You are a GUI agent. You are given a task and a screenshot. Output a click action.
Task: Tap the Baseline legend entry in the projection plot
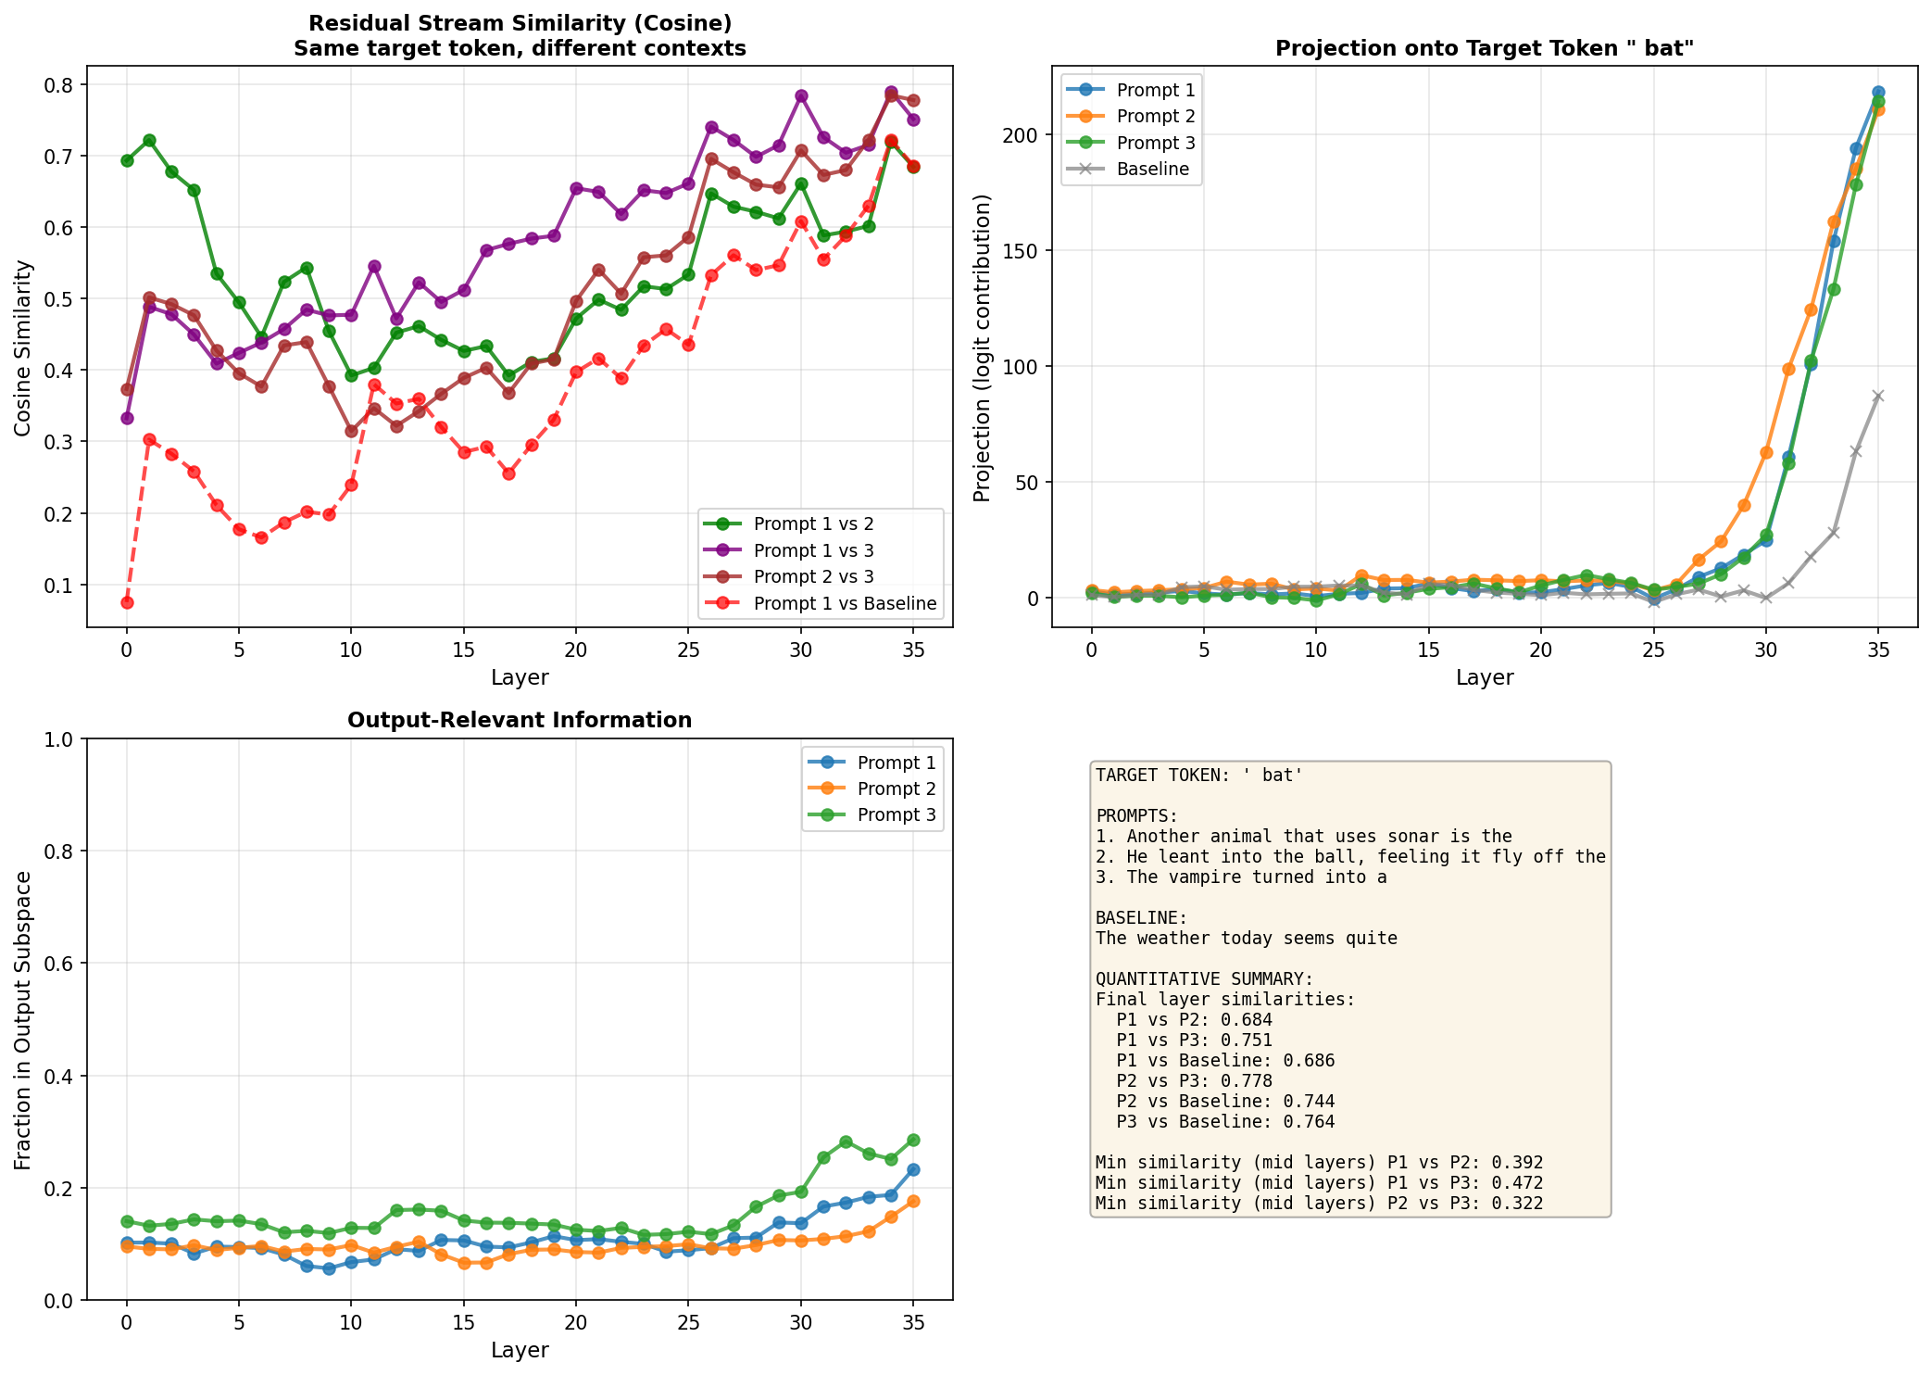pyautogui.click(x=1152, y=169)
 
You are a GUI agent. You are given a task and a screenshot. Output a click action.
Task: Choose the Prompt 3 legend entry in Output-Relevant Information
pyautogui.click(x=896, y=815)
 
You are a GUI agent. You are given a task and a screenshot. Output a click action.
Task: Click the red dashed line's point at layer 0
pyautogui.click(x=127, y=602)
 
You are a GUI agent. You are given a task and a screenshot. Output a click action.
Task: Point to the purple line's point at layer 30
pyautogui.click(x=801, y=96)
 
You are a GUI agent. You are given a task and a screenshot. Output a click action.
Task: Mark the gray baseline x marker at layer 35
pyautogui.click(x=1878, y=396)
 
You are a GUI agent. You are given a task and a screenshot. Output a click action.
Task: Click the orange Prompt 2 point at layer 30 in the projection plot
pyautogui.click(x=1766, y=453)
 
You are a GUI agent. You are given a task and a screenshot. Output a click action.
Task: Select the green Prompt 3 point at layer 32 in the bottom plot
pyautogui.click(x=846, y=1142)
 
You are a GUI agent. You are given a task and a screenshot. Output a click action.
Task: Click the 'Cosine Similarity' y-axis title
pyautogui.click(x=22, y=347)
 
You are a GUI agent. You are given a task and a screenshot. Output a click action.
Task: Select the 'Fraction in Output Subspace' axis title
pyautogui.click(x=22, y=1020)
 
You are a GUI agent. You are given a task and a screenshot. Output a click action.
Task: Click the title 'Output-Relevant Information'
pyautogui.click(x=520, y=721)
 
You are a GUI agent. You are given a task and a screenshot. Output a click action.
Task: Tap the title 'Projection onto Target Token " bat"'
pyautogui.click(x=1484, y=49)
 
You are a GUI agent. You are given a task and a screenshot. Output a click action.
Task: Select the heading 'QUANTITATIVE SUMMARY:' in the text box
pyautogui.click(x=1204, y=979)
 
